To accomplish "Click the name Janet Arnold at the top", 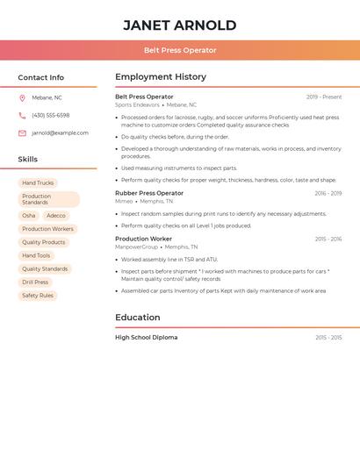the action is coord(180,25).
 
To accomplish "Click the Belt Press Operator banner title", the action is coord(180,50).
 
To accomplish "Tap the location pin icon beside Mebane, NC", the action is coord(22,97).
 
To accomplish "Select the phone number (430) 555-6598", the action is coord(50,115).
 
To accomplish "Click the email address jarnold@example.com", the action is coord(60,132).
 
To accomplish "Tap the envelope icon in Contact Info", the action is coord(22,133).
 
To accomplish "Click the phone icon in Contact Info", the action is coord(22,115).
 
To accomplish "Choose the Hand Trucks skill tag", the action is coord(38,182).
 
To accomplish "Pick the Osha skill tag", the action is coord(29,215).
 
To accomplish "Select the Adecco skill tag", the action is coord(56,215).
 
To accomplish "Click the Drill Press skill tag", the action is coord(35,283).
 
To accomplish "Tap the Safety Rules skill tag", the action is coord(38,296).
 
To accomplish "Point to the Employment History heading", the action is coord(161,77).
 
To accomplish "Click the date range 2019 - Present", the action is coord(324,97).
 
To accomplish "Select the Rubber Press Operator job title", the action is coord(149,193).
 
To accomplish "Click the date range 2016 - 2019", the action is coord(328,193).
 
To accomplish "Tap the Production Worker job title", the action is coord(143,239).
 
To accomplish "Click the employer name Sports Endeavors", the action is coord(137,104).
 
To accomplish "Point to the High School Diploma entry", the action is coord(146,337).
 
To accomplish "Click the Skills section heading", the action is coord(28,159).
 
